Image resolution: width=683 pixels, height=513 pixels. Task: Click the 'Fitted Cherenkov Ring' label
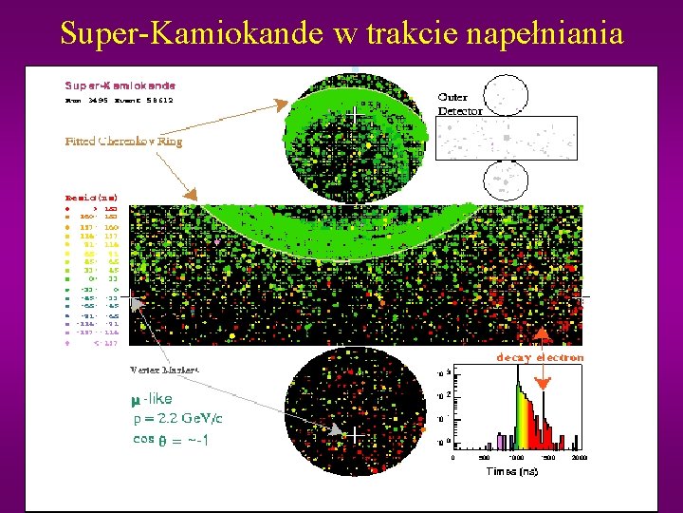coord(123,141)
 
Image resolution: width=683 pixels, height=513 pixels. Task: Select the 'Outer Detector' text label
coord(460,104)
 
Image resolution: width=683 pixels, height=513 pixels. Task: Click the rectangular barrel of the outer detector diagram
coord(506,137)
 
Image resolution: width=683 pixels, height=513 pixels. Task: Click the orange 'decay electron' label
coord(540,357)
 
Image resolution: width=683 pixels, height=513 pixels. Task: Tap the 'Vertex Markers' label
coord(164,369)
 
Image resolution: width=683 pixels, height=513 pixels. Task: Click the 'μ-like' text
coord(153,400)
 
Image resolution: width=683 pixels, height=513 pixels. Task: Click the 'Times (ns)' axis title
coord(514,470)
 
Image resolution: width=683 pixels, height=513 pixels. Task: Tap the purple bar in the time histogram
coord(498,442)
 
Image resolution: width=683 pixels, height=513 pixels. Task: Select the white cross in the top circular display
coord(355,114)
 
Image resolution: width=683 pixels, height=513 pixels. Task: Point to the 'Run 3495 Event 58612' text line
coord(120,98)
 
